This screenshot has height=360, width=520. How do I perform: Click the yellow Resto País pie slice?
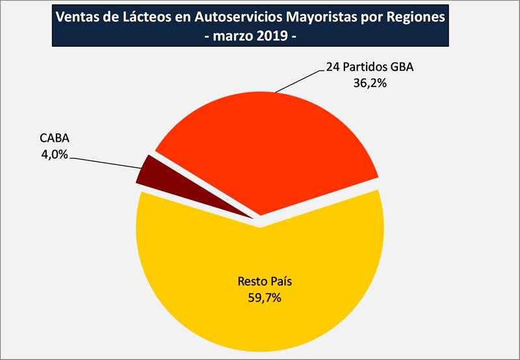coord(260,312)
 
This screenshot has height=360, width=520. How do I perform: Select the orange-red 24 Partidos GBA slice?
coord(273,149)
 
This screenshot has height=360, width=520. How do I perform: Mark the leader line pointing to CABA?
coord(110,162)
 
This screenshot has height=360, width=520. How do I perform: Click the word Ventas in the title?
coord(78,16)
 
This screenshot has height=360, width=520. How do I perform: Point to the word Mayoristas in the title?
coord(328,16)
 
